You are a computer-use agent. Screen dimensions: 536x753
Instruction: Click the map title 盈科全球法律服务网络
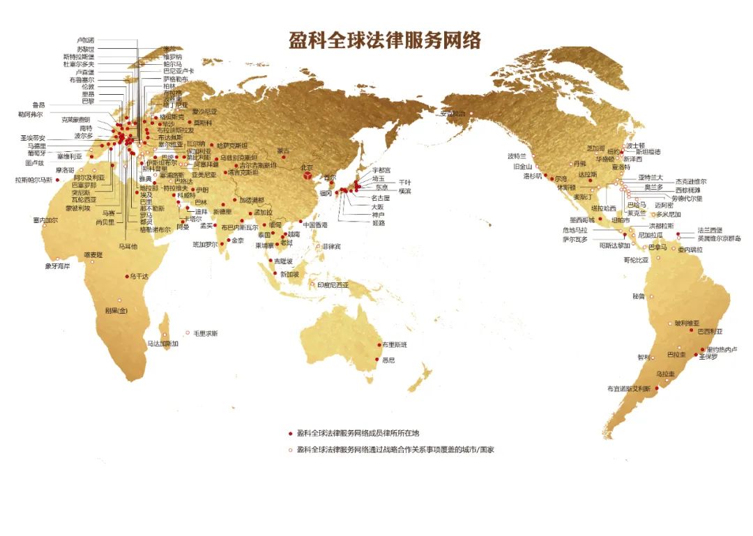[385, 40]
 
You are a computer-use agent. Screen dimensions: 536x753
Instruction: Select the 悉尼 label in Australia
[389, 360]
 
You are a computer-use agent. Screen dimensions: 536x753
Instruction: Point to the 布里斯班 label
[394, 345]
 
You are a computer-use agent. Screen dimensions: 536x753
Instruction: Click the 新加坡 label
[289, 274]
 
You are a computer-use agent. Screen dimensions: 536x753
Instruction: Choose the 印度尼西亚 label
[333, 285]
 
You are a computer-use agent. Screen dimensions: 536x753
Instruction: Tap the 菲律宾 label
[331, 247]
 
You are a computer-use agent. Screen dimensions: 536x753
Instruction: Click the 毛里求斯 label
[206, 333]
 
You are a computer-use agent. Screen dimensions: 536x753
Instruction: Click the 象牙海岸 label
[58, 266]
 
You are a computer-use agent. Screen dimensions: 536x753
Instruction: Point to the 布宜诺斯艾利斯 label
[629, 389]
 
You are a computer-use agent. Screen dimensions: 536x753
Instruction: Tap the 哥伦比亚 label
[636, 259]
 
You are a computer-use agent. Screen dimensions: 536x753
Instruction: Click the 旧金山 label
[523, 167]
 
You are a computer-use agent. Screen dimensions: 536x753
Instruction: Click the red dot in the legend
[290, 433]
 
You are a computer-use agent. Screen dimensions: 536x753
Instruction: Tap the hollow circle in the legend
[290, 450]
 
